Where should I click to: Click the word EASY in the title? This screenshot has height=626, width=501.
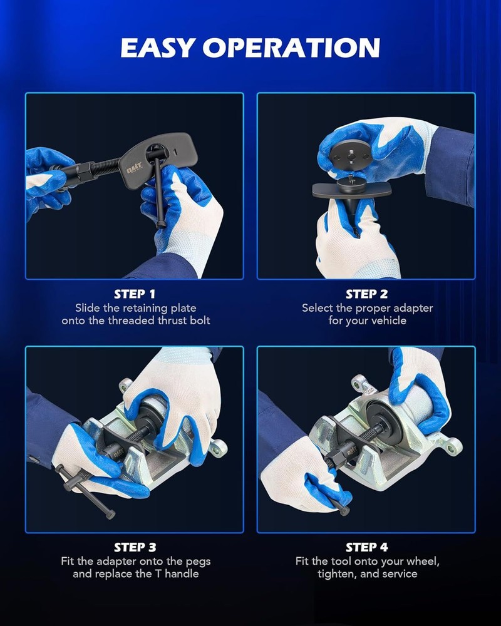point(158,48)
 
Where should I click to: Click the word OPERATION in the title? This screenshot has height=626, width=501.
point(291,48)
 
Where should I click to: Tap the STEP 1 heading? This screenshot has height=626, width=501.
point(135,294)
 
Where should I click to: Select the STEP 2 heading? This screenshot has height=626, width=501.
point(367,294)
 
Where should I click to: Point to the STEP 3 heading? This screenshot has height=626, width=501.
point(135,547)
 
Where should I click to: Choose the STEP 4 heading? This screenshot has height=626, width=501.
point(367,547)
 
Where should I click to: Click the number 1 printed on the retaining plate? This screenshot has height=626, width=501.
point(175,151)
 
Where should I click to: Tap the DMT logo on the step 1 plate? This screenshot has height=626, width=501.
point(134,169)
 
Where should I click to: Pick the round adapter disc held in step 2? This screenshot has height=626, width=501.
point(350,156)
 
